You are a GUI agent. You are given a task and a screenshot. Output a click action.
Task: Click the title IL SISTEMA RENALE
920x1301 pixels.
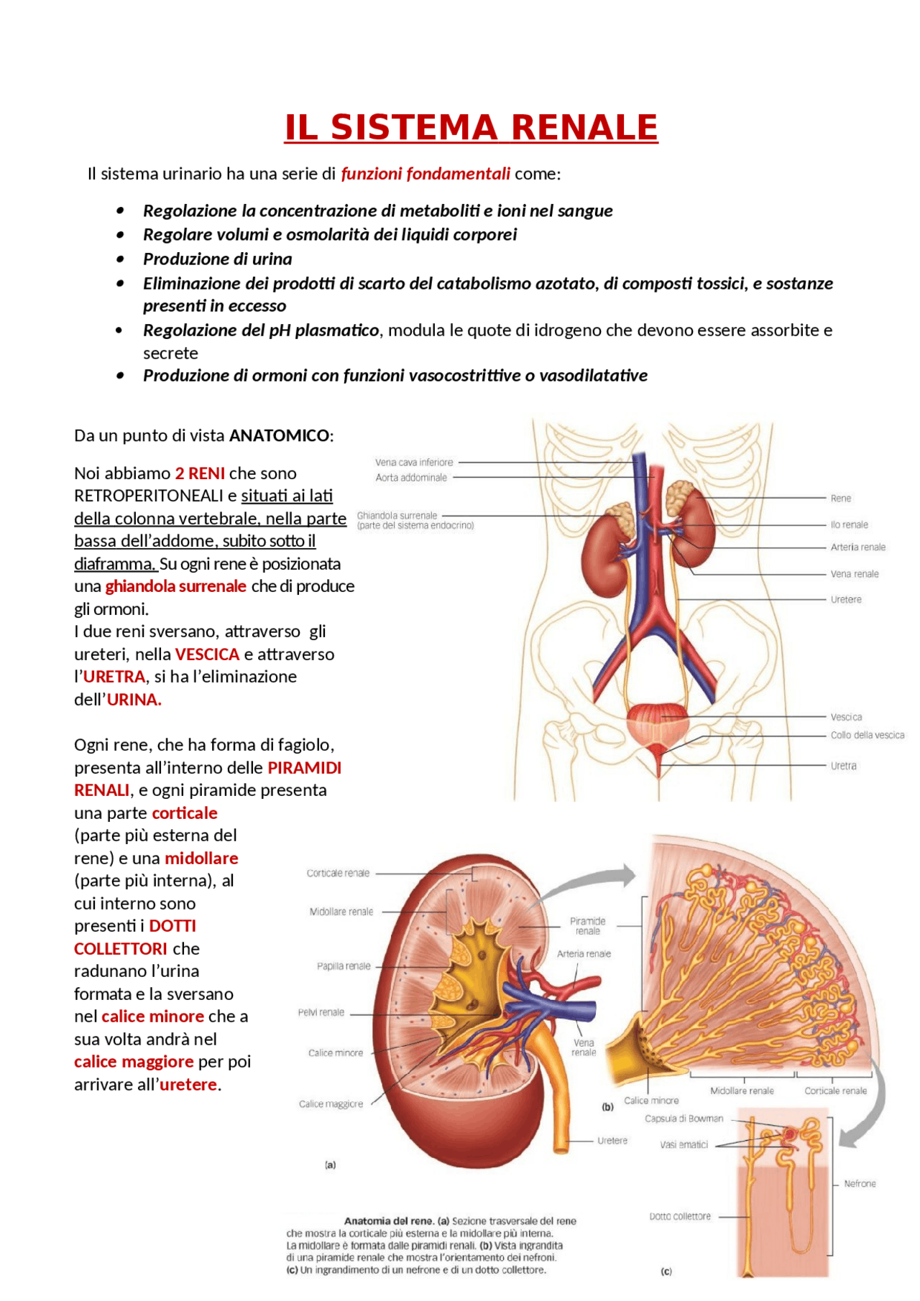point(471,128)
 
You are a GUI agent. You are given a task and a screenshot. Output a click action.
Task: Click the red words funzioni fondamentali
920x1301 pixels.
point(425,174)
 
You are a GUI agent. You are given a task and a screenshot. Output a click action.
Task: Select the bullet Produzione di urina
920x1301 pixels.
point(217,259)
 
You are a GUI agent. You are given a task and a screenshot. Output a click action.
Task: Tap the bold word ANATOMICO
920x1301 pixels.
point(279,435)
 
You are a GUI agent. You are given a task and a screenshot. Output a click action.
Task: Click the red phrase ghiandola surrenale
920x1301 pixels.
point(176,586)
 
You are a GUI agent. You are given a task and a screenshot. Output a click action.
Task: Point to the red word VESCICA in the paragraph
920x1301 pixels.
point(207,654)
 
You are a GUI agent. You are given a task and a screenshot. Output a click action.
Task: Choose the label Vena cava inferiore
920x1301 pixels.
point(414,463)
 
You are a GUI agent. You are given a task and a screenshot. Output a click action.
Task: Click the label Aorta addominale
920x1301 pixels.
point(411,478)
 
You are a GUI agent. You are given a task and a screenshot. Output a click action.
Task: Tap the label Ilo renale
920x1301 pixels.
point(850,525)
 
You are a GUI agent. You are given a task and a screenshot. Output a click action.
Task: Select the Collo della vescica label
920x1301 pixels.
point(868,735)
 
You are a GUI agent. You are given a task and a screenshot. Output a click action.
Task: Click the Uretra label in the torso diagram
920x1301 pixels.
point(844,766)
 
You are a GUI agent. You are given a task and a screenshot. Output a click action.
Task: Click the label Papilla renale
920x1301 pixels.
point(344,966)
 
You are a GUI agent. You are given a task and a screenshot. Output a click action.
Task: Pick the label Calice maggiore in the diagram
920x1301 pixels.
point(331,1104)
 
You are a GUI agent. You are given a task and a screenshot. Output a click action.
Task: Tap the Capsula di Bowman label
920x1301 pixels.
point(684,1119)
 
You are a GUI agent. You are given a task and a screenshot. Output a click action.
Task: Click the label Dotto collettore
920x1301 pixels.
point(680,1216)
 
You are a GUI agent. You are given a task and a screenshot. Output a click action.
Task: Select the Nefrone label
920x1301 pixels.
point(860,1184)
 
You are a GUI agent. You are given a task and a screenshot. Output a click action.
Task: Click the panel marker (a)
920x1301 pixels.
point(331,1165)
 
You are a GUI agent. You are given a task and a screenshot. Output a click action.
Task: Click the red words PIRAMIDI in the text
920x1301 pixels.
point(305,768)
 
